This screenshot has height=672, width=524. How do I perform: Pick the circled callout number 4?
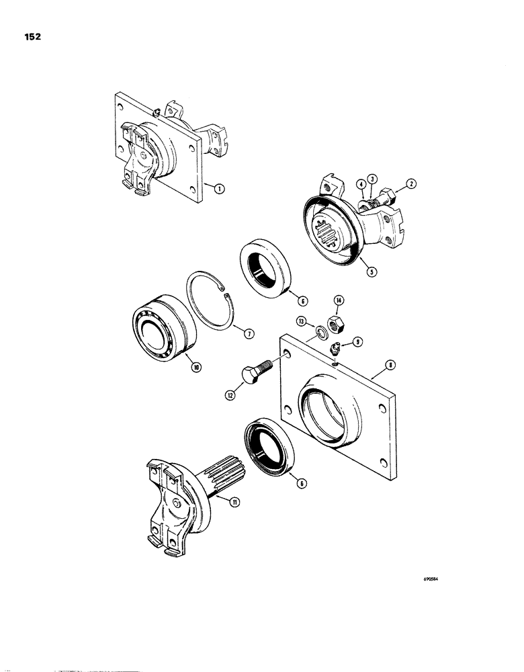click(x=361, y=183)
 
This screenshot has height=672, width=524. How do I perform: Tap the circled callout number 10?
click(x=196, y=366)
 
